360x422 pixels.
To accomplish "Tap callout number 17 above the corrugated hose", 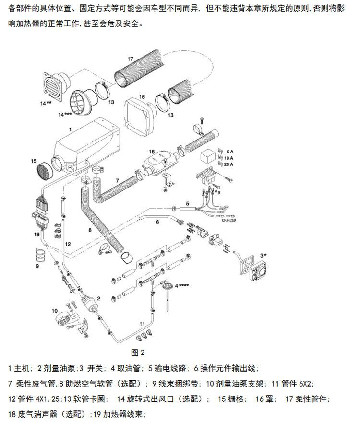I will point(130,59).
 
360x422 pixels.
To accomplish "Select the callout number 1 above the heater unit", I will point(70,129).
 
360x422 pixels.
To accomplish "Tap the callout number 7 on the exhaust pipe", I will point(117,180).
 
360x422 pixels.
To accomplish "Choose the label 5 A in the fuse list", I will point(229,152).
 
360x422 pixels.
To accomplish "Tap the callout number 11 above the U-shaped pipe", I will point(142,324).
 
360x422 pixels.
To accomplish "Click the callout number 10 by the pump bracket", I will point(54,311).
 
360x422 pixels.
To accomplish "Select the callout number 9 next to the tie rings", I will point(38,265).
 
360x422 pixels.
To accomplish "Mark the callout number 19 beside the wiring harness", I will point(36,234).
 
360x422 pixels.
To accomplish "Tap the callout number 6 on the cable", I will point(157,222).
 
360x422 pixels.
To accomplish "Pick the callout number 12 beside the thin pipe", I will point(68,244).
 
